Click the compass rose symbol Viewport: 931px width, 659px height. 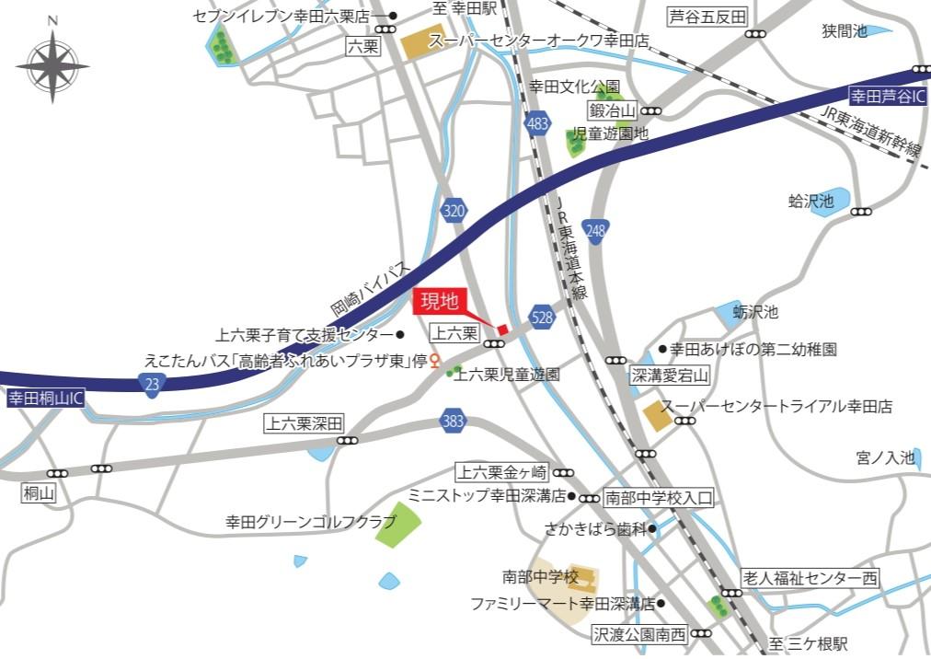[52, 66]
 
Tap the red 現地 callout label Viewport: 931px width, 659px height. [441, 301]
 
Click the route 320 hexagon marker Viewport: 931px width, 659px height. [453, 212]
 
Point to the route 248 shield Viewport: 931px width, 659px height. [595, 231]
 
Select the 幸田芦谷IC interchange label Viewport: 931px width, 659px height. [888, 95]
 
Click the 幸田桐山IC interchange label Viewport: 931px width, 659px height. [46, 399]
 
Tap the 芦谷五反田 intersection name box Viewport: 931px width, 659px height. [707, 17]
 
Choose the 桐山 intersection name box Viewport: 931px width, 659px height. [39, 494]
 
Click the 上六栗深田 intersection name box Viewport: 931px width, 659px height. [304, 424]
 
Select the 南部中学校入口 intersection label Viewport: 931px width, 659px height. [659, 498]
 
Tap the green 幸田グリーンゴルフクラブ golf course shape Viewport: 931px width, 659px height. [398, 525]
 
